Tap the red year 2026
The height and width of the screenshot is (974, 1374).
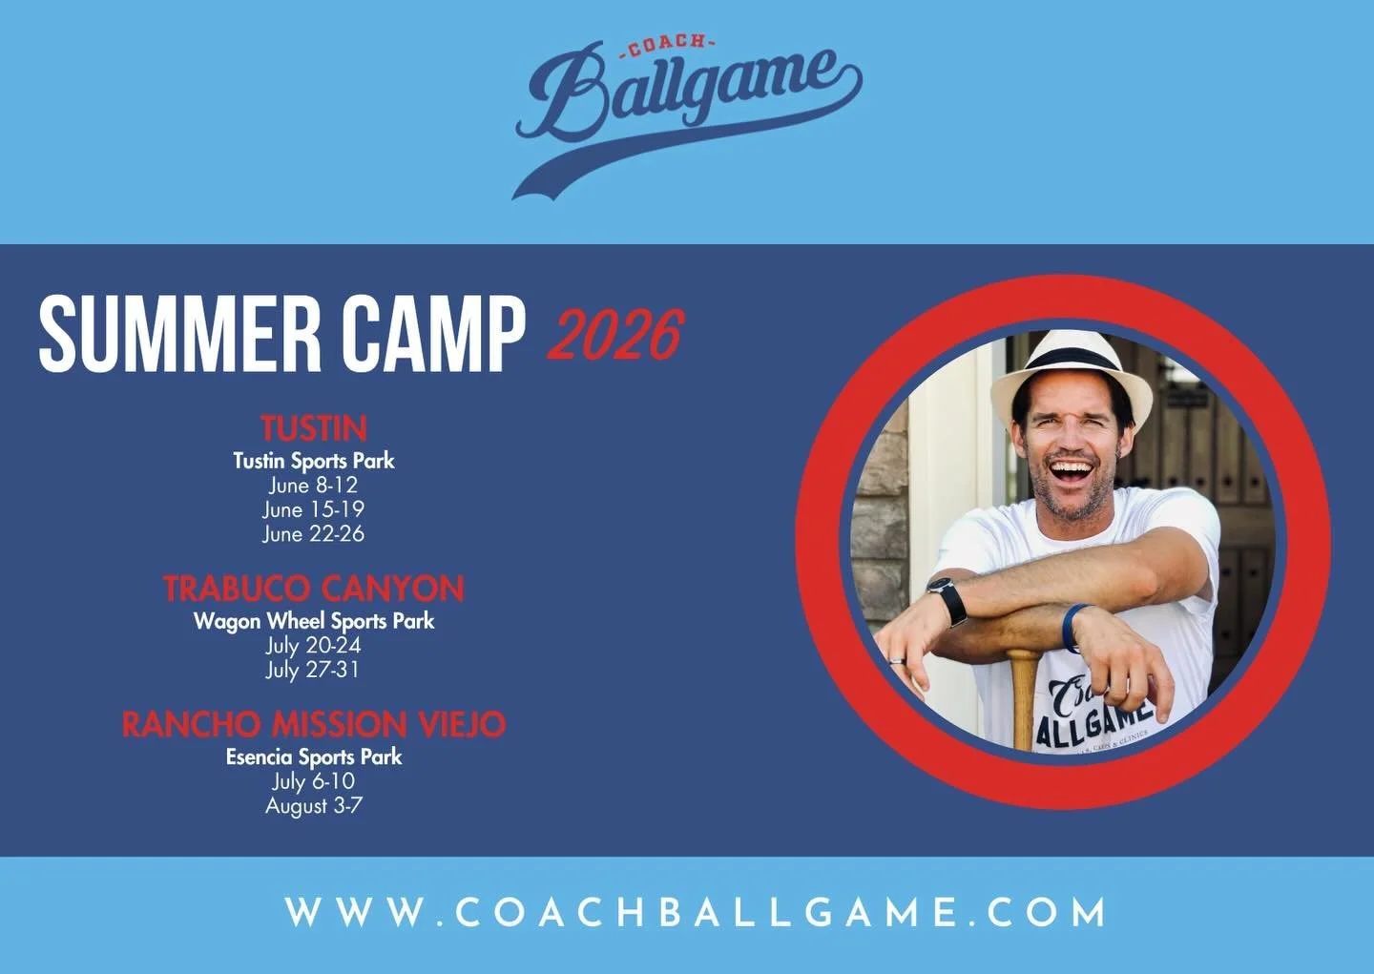[615, 335]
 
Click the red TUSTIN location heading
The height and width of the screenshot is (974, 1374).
[314, 427]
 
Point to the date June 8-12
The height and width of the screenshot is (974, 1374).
[313, 485]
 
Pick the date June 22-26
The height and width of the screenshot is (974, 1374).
[313, 533]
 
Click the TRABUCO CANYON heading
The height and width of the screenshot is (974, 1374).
[314, 589]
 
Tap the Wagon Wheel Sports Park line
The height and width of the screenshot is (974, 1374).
[314, 621]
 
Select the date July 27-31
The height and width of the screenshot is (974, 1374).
[313, 670]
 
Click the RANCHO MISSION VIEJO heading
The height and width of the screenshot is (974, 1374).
[314, 725]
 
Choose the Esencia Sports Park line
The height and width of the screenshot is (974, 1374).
[314, 757]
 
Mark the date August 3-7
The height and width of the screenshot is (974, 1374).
[313, 806]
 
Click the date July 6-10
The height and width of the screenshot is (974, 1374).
[313, 781]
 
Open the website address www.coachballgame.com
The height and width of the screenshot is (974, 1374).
[696, 913]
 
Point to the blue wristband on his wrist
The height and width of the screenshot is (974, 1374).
[1072, 626]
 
